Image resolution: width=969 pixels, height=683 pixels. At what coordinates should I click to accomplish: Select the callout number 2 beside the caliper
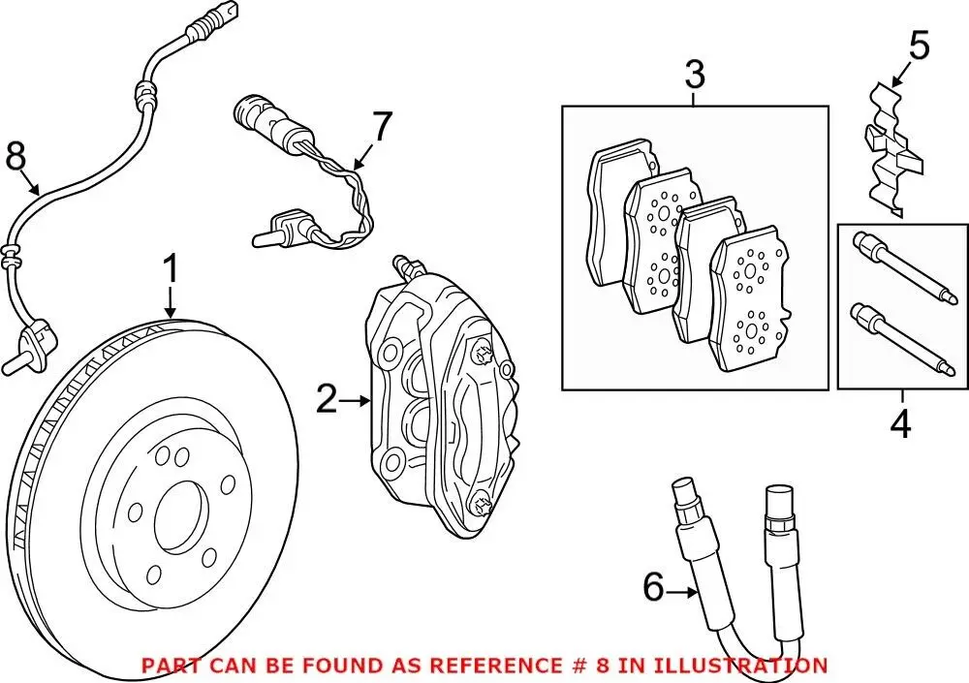coord(327,398)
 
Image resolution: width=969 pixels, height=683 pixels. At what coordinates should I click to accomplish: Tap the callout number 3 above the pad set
coord(695,75)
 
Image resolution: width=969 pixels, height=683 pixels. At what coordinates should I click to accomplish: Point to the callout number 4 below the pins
coord(901,424)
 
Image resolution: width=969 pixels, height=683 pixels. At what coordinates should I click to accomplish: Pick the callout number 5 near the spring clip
coord(919,45)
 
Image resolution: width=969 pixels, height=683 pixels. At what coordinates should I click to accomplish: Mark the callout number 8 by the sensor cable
coord(16,155)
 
